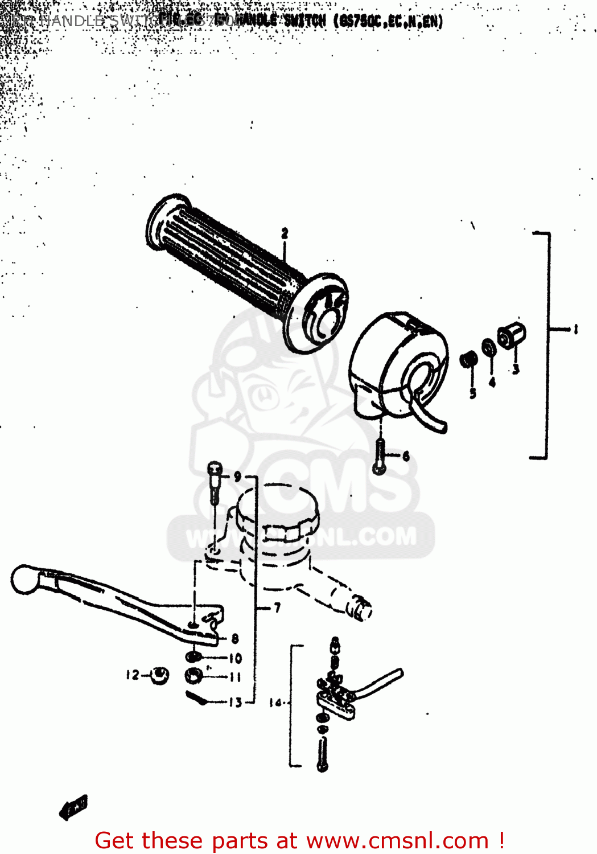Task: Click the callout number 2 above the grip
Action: (285, 233)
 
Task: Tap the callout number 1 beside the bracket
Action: (575, 329)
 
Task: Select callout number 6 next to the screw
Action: (406, 456)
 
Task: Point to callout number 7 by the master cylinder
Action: (277, 608)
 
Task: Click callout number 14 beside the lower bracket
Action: (275, 703)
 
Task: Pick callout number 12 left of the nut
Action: (132, 675)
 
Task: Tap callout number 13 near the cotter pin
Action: (236, 703)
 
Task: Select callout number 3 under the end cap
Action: (516, 369)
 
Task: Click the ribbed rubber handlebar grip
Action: (228, 256)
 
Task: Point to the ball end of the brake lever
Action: (24, 579)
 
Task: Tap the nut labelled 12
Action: (159, 675)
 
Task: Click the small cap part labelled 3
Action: (510, 335)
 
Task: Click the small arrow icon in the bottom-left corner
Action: (73, 807)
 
